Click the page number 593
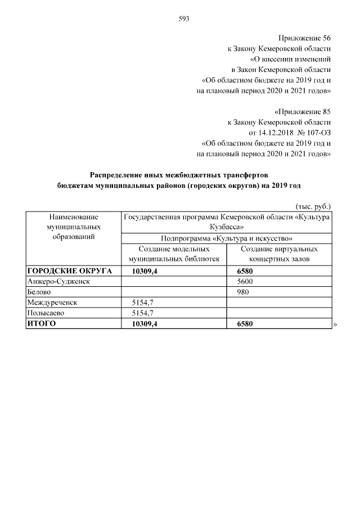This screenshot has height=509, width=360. click(183, 19)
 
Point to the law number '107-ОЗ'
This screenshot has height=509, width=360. click(319, 132)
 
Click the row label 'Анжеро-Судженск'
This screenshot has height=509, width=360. click(58, 281)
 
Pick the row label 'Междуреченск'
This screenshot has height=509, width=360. click(52, 303)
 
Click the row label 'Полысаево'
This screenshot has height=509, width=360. click(46, 313)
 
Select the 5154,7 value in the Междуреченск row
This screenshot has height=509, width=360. click(142, 303)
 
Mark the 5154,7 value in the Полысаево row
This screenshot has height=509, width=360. click(142, 313)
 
